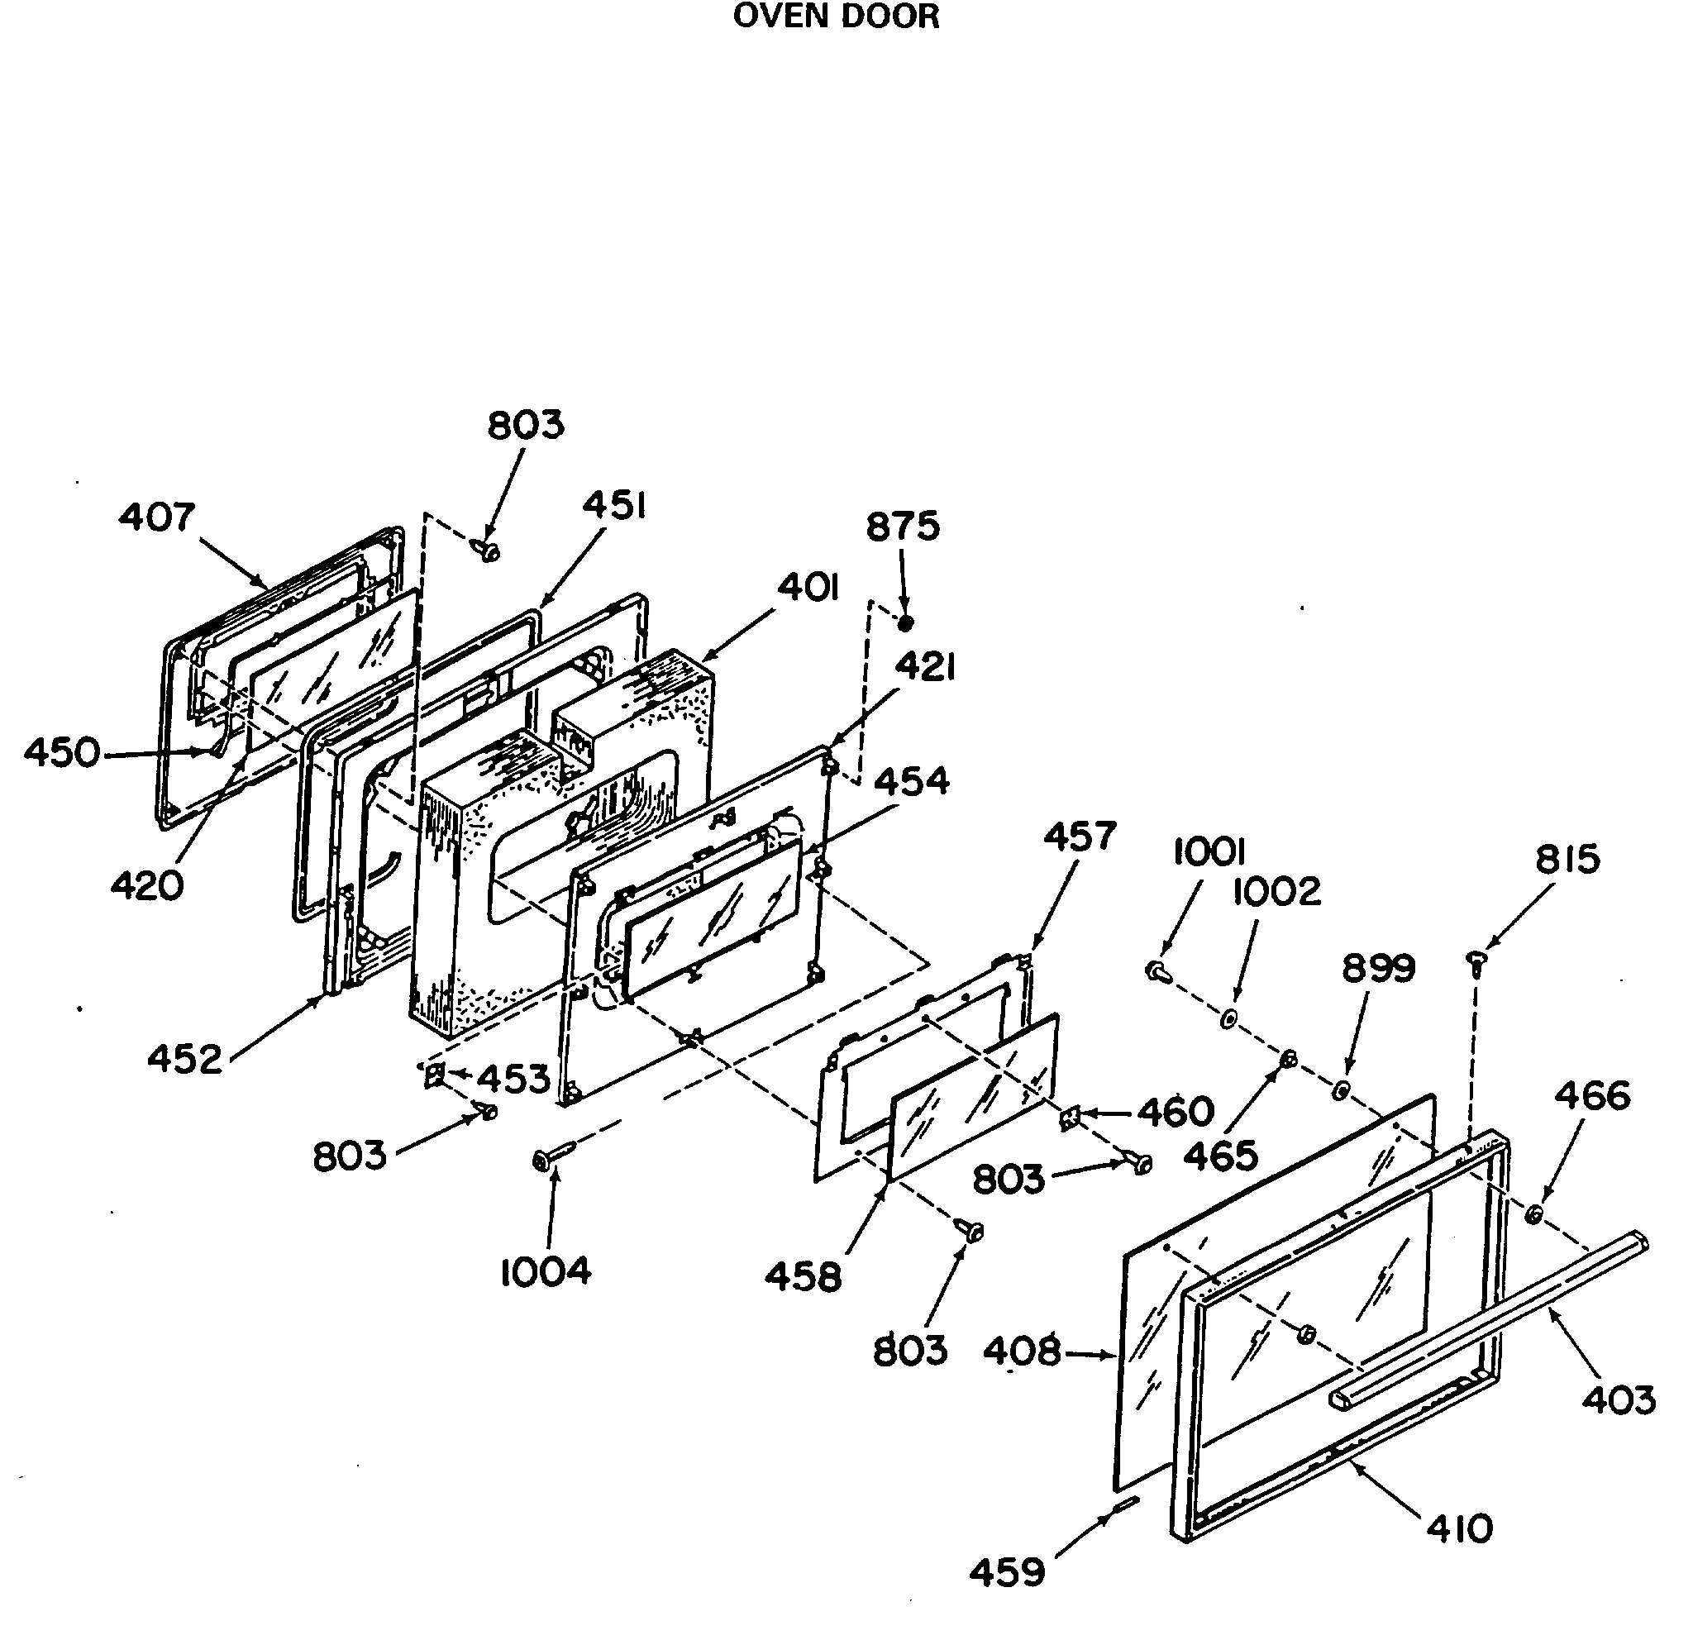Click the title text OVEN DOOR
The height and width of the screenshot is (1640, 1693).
tap(835, 17)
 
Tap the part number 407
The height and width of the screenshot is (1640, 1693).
tap(157, 517)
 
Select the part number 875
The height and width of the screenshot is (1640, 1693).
tap(903, 526)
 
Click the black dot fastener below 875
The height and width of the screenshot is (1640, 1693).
tap(905, 622)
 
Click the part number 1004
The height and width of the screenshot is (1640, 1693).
tap(546, 1272)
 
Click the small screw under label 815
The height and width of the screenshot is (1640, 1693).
tap(1476, 962)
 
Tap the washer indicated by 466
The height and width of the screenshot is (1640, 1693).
tap(1534, 1214)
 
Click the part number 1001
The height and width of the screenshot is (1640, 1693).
tap(1209, 853)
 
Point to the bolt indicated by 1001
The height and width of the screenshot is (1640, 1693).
tap(1159, 971)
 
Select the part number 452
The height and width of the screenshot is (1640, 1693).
tap(184, 1060)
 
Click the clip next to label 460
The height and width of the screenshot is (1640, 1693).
tap(1071, 1119)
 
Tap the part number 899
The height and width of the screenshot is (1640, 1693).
tap(1379, 969)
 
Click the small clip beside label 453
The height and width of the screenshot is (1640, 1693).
tap(435, 1075)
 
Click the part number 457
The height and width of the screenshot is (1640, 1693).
tap(1080, 836)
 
